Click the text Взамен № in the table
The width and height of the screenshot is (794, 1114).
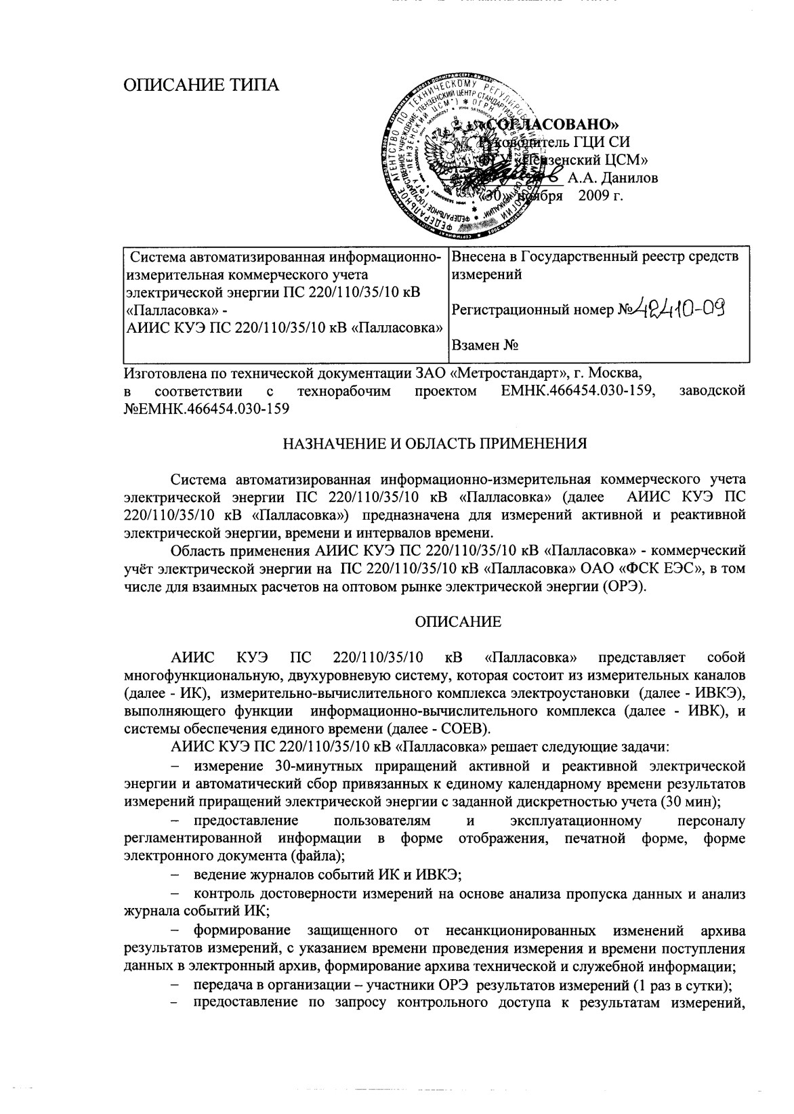pyautogui.click(x=485, y=346)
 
